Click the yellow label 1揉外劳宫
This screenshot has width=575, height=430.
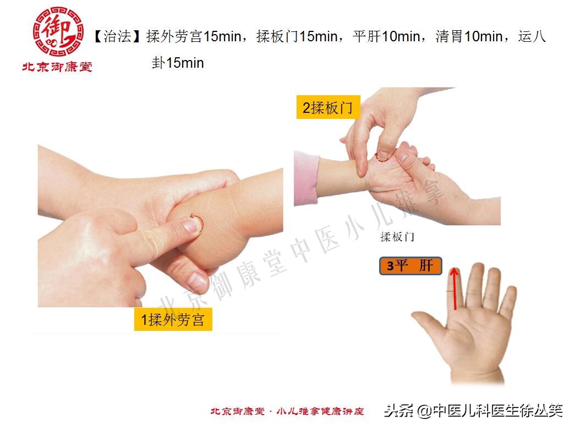(173, 320)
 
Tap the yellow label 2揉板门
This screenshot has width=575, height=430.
(327, 107)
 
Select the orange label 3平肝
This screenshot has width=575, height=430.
(410, 266)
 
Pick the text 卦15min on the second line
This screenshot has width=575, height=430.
(178, 63)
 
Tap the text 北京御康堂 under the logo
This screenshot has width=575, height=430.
(57, 67)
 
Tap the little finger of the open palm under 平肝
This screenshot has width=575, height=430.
(507, 303)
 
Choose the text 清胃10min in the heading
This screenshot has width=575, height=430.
(469, 37)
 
